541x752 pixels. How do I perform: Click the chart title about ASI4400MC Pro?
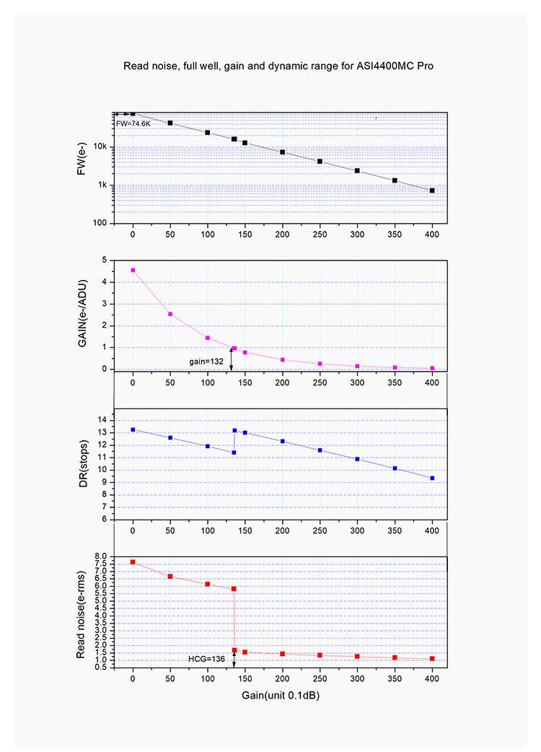(x=278, y=66)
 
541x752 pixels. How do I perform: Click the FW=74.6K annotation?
(x=133, y=124)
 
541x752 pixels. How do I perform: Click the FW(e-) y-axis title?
(x=82, y=168)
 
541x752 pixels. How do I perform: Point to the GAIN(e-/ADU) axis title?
(x=82, y=315)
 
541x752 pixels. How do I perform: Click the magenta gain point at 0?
(x=133, y=270)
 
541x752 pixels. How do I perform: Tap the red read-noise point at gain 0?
(x=133, y=561)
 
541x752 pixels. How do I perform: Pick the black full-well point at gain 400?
(x=432, y=191)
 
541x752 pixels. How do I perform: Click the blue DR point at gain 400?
(x=432, y=478)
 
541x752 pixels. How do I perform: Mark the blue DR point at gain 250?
(x=320, y=450)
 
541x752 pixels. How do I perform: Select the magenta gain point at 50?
(x=170, y=314)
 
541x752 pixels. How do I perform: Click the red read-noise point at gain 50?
(x=170, y=576)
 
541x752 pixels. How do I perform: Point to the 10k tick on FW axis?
(x=101, y=147)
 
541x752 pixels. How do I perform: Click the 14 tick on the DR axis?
(x=102, y=419)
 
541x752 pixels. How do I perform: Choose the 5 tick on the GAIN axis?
(x=105, y=260)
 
